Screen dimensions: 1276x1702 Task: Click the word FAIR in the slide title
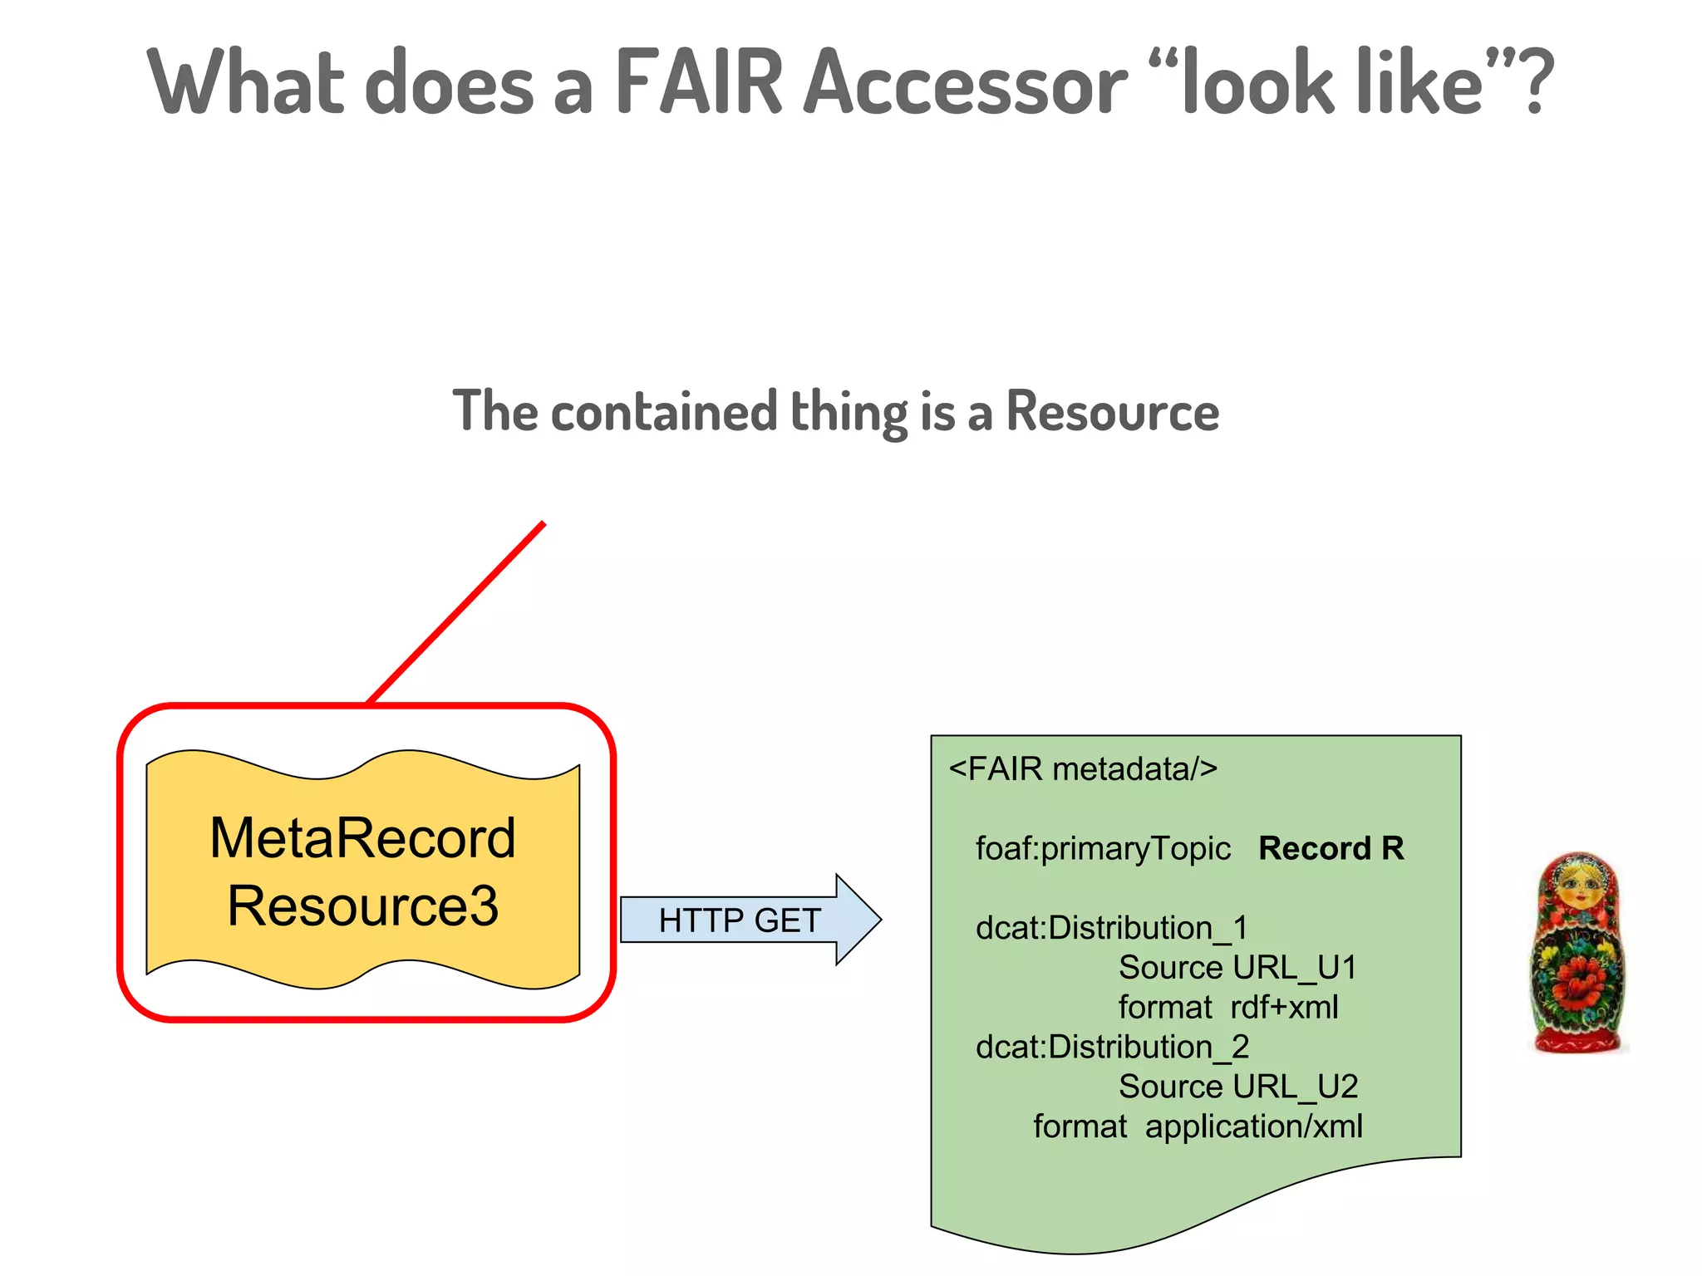[x=699, y=83]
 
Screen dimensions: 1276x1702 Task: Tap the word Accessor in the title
[x=965, y=83]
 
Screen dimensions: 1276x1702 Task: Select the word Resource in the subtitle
[x=1112, y=411]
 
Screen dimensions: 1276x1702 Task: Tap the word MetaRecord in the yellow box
[x=362, y=837]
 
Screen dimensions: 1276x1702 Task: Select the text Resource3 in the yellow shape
[x=362, y=905]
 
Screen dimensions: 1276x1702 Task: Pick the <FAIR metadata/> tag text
[x=1083, y=769]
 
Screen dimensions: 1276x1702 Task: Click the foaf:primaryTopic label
[x=1103, y=848]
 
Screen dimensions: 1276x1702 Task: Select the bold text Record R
[x=1331, y=848]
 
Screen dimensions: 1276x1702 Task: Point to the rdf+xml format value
[x=1284, y=1008]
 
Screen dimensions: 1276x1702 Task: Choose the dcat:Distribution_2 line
[x=1112, y=1047]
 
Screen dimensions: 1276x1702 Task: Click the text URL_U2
[x=1296, y=1087]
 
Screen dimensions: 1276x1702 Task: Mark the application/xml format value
[x=1253, y=1126]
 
